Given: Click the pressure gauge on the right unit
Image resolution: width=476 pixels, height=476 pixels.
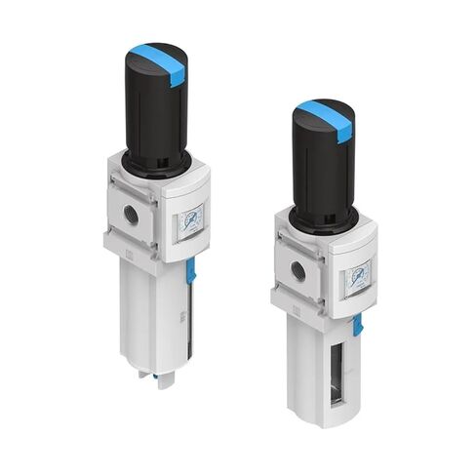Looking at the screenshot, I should pyautogui.click(x=357, y=276).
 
